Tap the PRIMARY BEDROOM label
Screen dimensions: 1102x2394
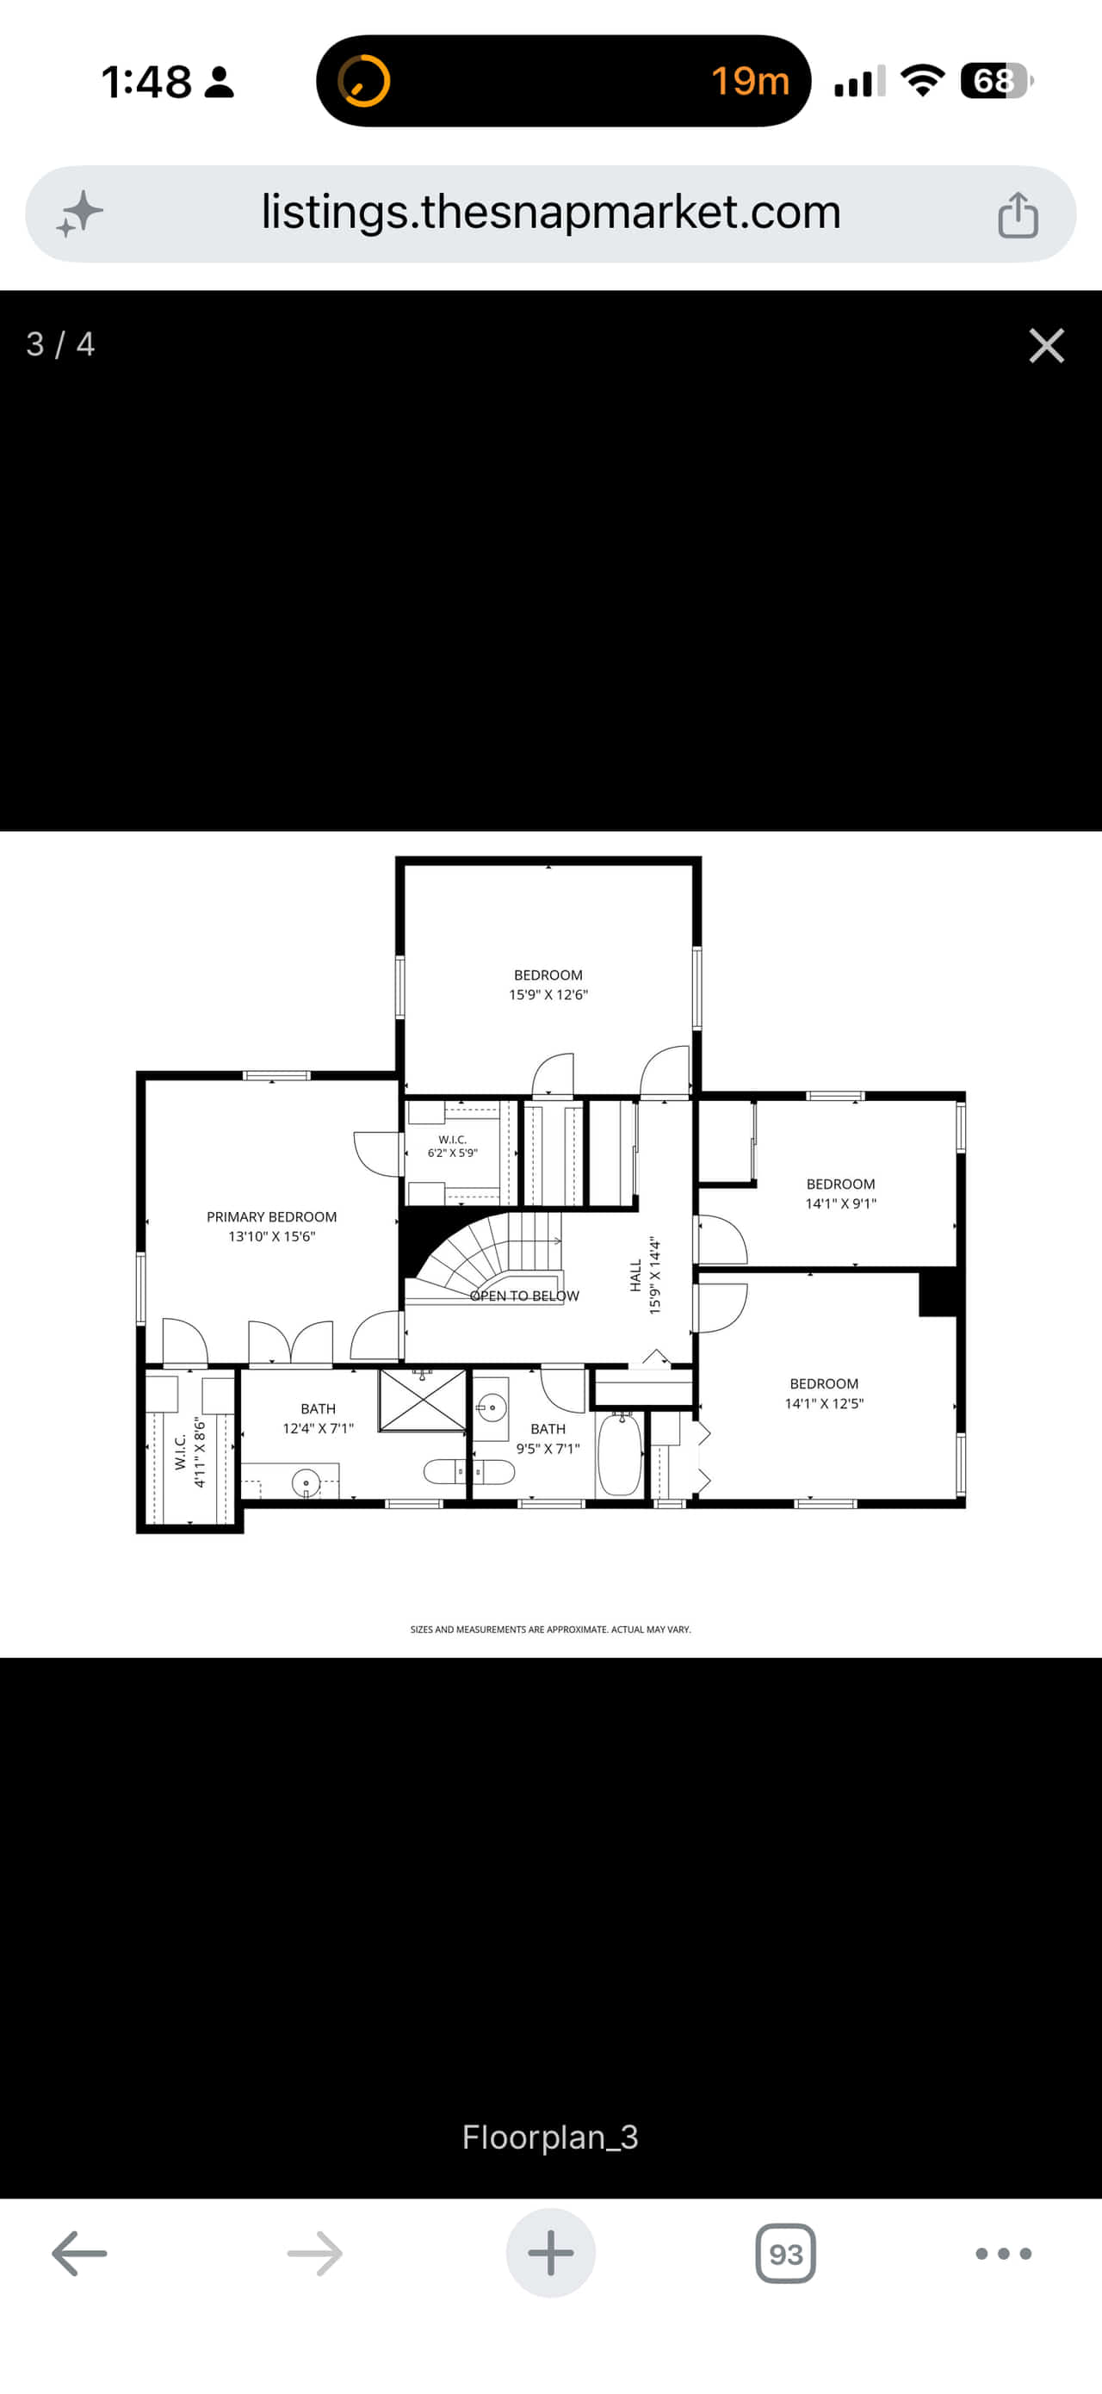pos(271,1216)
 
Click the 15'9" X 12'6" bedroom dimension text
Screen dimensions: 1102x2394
pos(548,994)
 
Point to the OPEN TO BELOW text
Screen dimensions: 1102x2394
pos(524,1296)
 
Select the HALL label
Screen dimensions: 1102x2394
pos(635,1275)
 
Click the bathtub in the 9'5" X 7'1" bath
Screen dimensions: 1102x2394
pos(619,1455)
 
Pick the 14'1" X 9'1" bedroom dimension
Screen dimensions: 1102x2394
pos(841,1203)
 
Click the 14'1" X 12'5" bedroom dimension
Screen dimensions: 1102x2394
pos(824,1403)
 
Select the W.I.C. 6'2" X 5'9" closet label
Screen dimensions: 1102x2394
pos(453,1146)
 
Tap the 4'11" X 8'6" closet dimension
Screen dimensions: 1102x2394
pos(199,1451)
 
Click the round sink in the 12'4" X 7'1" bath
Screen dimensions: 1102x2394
pos(306,1483)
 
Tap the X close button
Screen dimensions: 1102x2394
pos(1046,346)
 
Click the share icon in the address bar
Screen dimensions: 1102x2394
pos(1018,214)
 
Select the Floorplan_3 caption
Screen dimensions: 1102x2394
pos(550,2137)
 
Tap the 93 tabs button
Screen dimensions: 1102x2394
pos(786,2254)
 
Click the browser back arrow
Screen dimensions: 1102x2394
pos(79,2254)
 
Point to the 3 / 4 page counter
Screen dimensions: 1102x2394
pos(60,345)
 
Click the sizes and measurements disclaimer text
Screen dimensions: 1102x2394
pos(550,1630)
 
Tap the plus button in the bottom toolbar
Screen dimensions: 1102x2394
pos(550,2253)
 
